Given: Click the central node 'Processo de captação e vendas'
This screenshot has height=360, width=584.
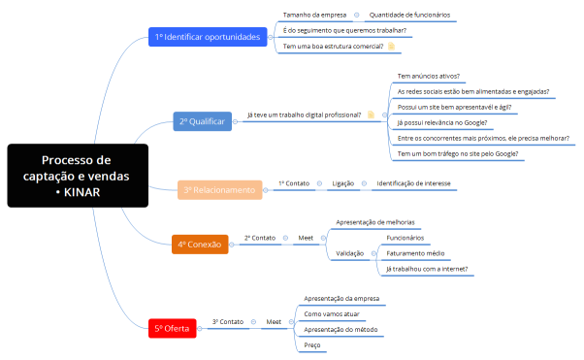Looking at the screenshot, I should click(x=78, y=176).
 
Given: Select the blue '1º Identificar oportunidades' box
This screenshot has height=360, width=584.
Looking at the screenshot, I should click(x=208, y=37).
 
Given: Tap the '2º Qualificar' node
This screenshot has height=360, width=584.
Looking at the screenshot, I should click(x=203, y=121).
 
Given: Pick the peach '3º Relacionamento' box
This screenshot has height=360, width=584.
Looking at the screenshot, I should click(x=220, y=190).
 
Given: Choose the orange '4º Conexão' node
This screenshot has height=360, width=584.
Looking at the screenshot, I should click(x=200, y=245).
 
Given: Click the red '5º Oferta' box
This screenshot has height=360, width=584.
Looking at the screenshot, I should click(x=173, y=329).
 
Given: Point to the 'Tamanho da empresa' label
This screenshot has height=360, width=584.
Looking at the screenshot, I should click(x=313, y=15).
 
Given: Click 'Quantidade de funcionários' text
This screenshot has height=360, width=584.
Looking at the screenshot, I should click(x=410, y=15).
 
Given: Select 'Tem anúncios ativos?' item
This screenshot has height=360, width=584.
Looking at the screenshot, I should click(x=429, y=76).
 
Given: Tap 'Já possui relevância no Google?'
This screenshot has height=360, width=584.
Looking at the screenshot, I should click(x=442, y=122).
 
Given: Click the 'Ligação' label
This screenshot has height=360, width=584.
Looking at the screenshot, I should click(x=343, y=182).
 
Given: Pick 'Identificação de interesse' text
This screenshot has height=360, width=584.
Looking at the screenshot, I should click(x=413, y=182).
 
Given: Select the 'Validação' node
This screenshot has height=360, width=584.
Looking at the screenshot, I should click(x=349, y=252).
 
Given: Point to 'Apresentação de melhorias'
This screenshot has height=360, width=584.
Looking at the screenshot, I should click(x=373, y=222).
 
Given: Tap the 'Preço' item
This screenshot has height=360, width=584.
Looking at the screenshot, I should click(x=312, y=344).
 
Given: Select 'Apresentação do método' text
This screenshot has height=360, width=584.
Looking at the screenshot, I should click(x=341, y=329).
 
